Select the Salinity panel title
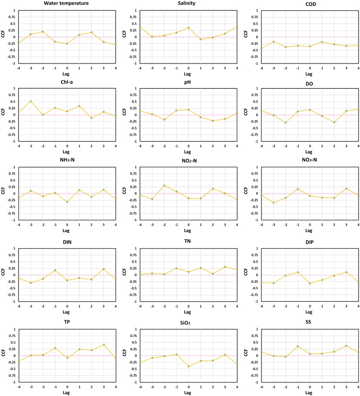[188, 4]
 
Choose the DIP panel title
[310, 242]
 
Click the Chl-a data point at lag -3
[31, 101]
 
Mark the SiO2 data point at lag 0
[189, 366]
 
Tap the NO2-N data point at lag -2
[164, 186]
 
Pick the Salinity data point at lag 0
[189, 28]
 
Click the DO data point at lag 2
[334, 122]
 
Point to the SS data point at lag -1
[297, 346]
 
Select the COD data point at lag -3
[274, 41]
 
